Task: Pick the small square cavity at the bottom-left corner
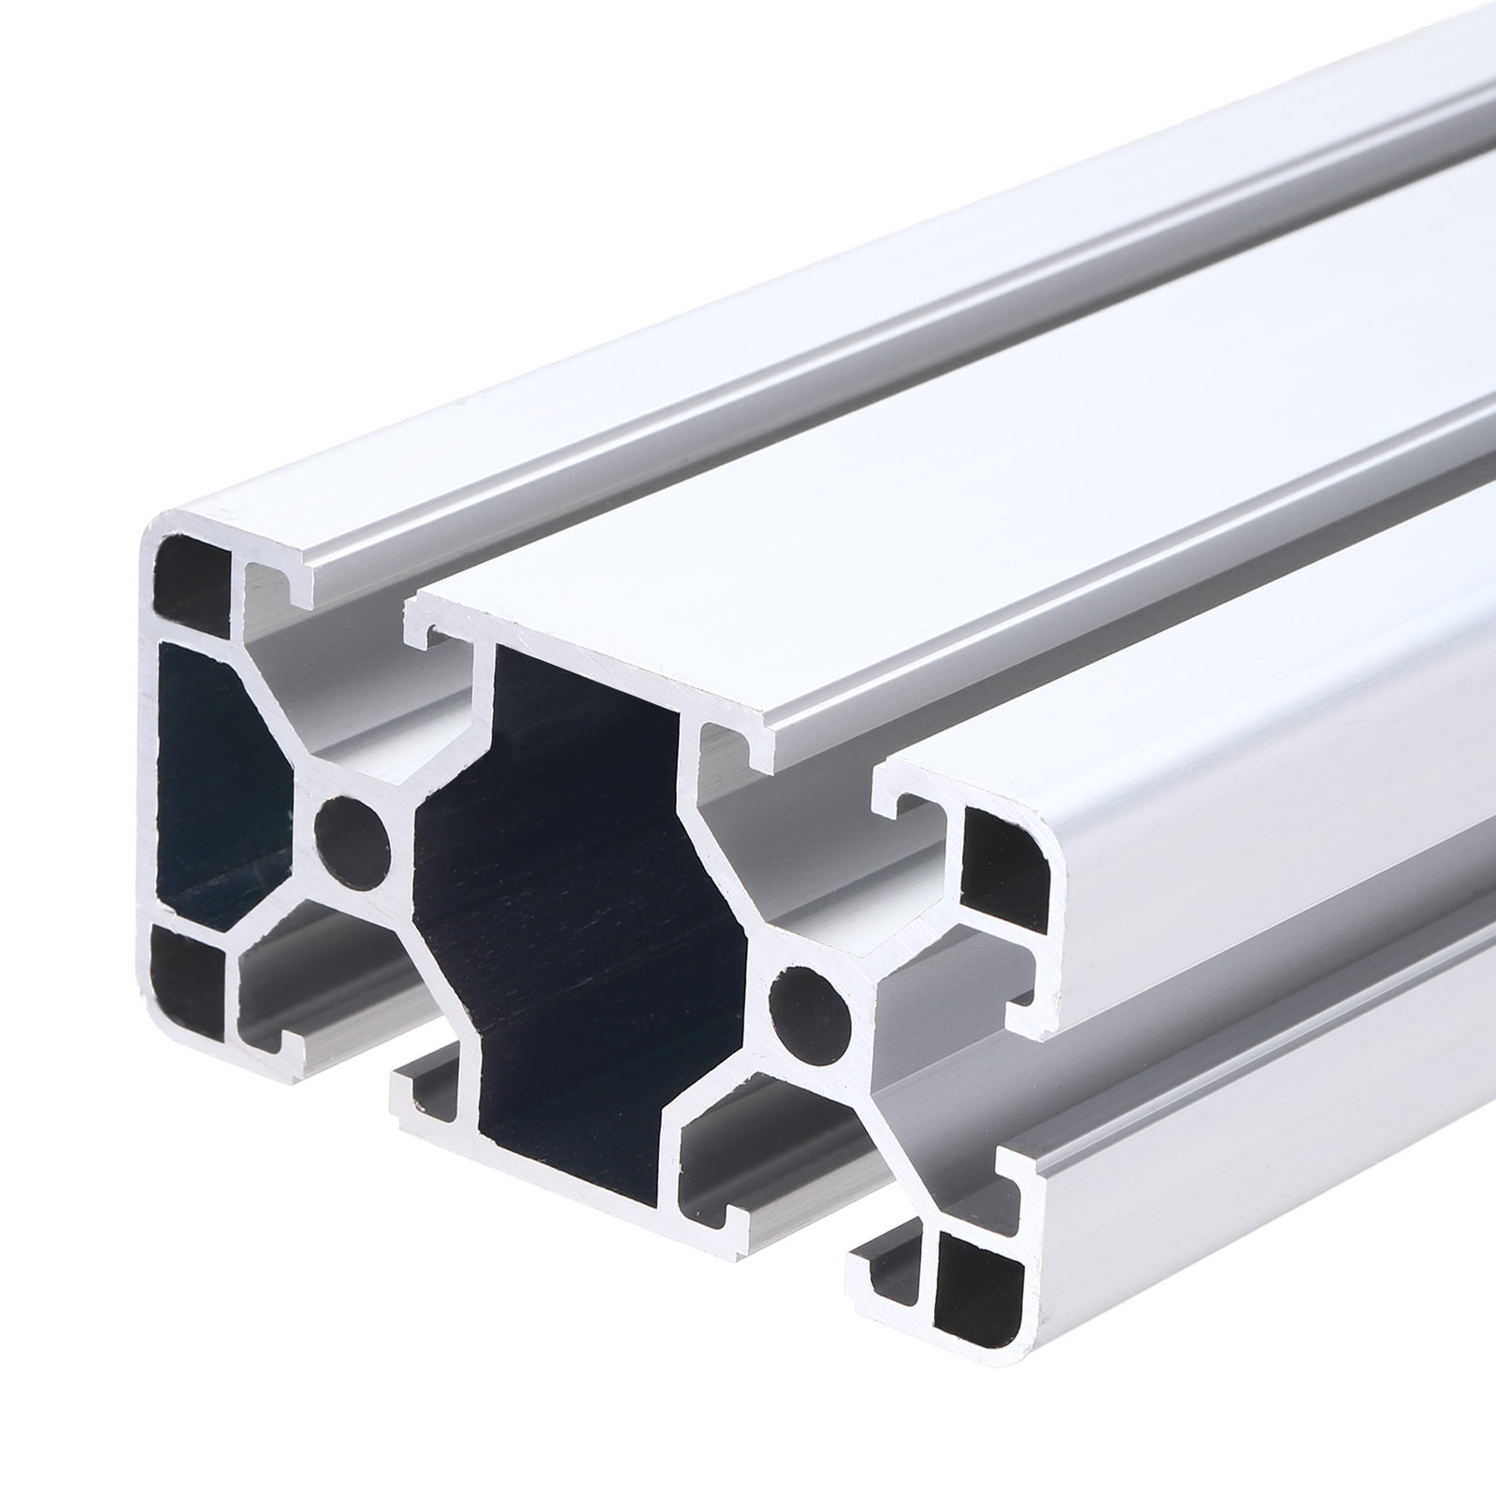(186, 973)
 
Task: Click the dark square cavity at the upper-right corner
(1005, 865)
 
